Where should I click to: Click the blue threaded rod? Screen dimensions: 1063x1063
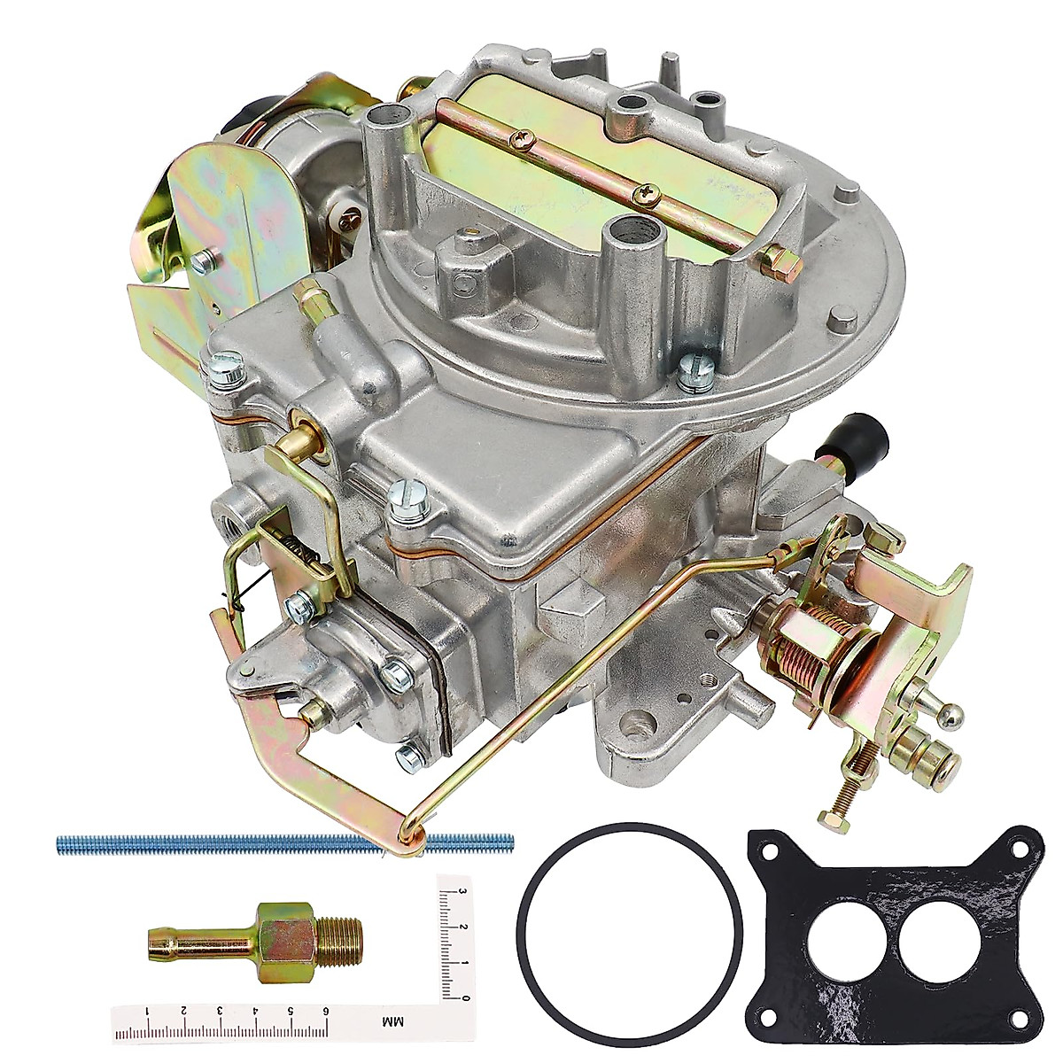coord(221,841)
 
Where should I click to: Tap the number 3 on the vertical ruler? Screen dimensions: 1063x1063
coord(460,892)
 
